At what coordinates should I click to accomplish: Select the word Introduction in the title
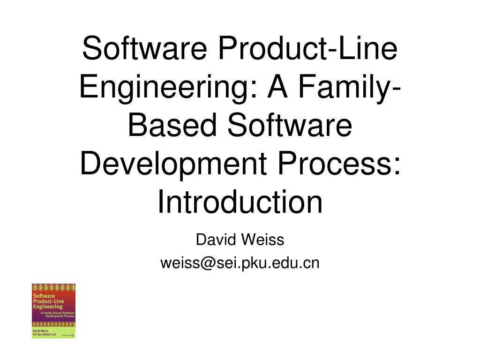coord(240,202)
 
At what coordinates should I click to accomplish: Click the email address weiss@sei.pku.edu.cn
coord(240,263)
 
